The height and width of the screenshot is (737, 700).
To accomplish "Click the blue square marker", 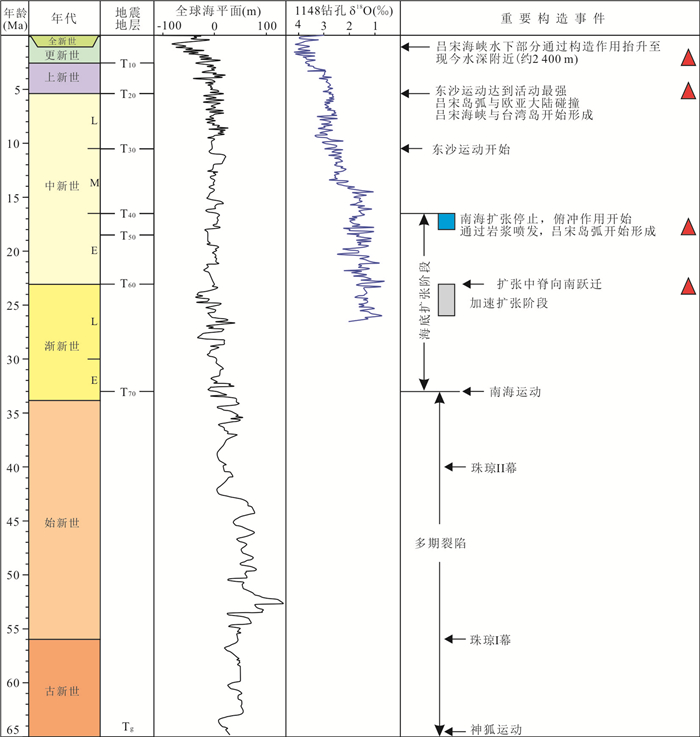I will pyautogui.click(x=446, y=222).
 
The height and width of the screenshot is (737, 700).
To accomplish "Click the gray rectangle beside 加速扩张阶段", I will pyautogui.click(x=446, y=300).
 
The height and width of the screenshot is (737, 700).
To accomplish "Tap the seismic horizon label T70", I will pyautogui.click(x=127, y=393).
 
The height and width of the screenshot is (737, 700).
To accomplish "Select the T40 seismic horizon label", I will pyautogui.click(x=127, y=214).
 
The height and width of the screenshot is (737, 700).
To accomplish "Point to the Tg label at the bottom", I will pyautogui.click(x=127, y=725).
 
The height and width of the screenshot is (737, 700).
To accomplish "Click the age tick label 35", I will pyautogui.click(x=15, y=413).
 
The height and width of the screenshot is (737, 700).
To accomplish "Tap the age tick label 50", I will pyautogui.click(x=15, y=575).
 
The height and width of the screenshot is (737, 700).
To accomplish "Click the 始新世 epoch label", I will pyautogui.click(x=62, y=522).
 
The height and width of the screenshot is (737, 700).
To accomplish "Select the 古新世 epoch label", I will pyautogui.click(x=62, y=691).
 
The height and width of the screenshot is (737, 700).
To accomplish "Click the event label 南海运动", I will pyautogui.click(x=516, y=393).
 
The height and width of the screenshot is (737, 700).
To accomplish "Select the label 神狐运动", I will pyautogui.click(x=496, y=730).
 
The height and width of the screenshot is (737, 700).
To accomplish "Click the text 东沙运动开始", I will pyautogui.click(x=471, y=149).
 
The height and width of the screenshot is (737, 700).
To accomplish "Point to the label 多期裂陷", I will pyautogui.click(x=441, y=544).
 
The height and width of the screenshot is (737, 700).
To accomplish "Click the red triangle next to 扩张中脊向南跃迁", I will pyautogui.click(x=688, y=287).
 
